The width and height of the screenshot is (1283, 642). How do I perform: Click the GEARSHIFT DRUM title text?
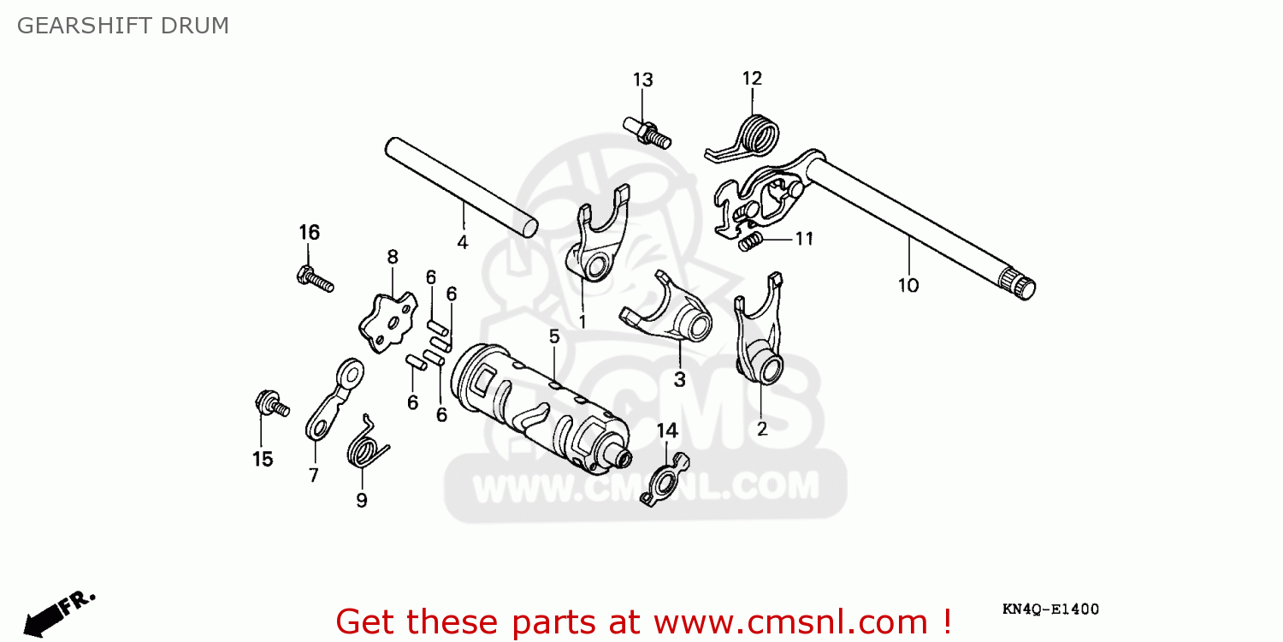123,26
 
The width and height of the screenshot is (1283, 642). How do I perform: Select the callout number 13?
642,80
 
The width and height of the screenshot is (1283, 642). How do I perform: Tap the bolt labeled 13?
647,131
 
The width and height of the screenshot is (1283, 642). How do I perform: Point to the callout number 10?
908,285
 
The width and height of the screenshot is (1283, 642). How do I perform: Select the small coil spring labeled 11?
749,243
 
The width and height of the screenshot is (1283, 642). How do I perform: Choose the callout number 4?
462,242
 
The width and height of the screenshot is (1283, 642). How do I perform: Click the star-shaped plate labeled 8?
387,322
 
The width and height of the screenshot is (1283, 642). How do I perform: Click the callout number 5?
554,337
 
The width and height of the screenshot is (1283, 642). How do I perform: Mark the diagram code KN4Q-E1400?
1050,609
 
